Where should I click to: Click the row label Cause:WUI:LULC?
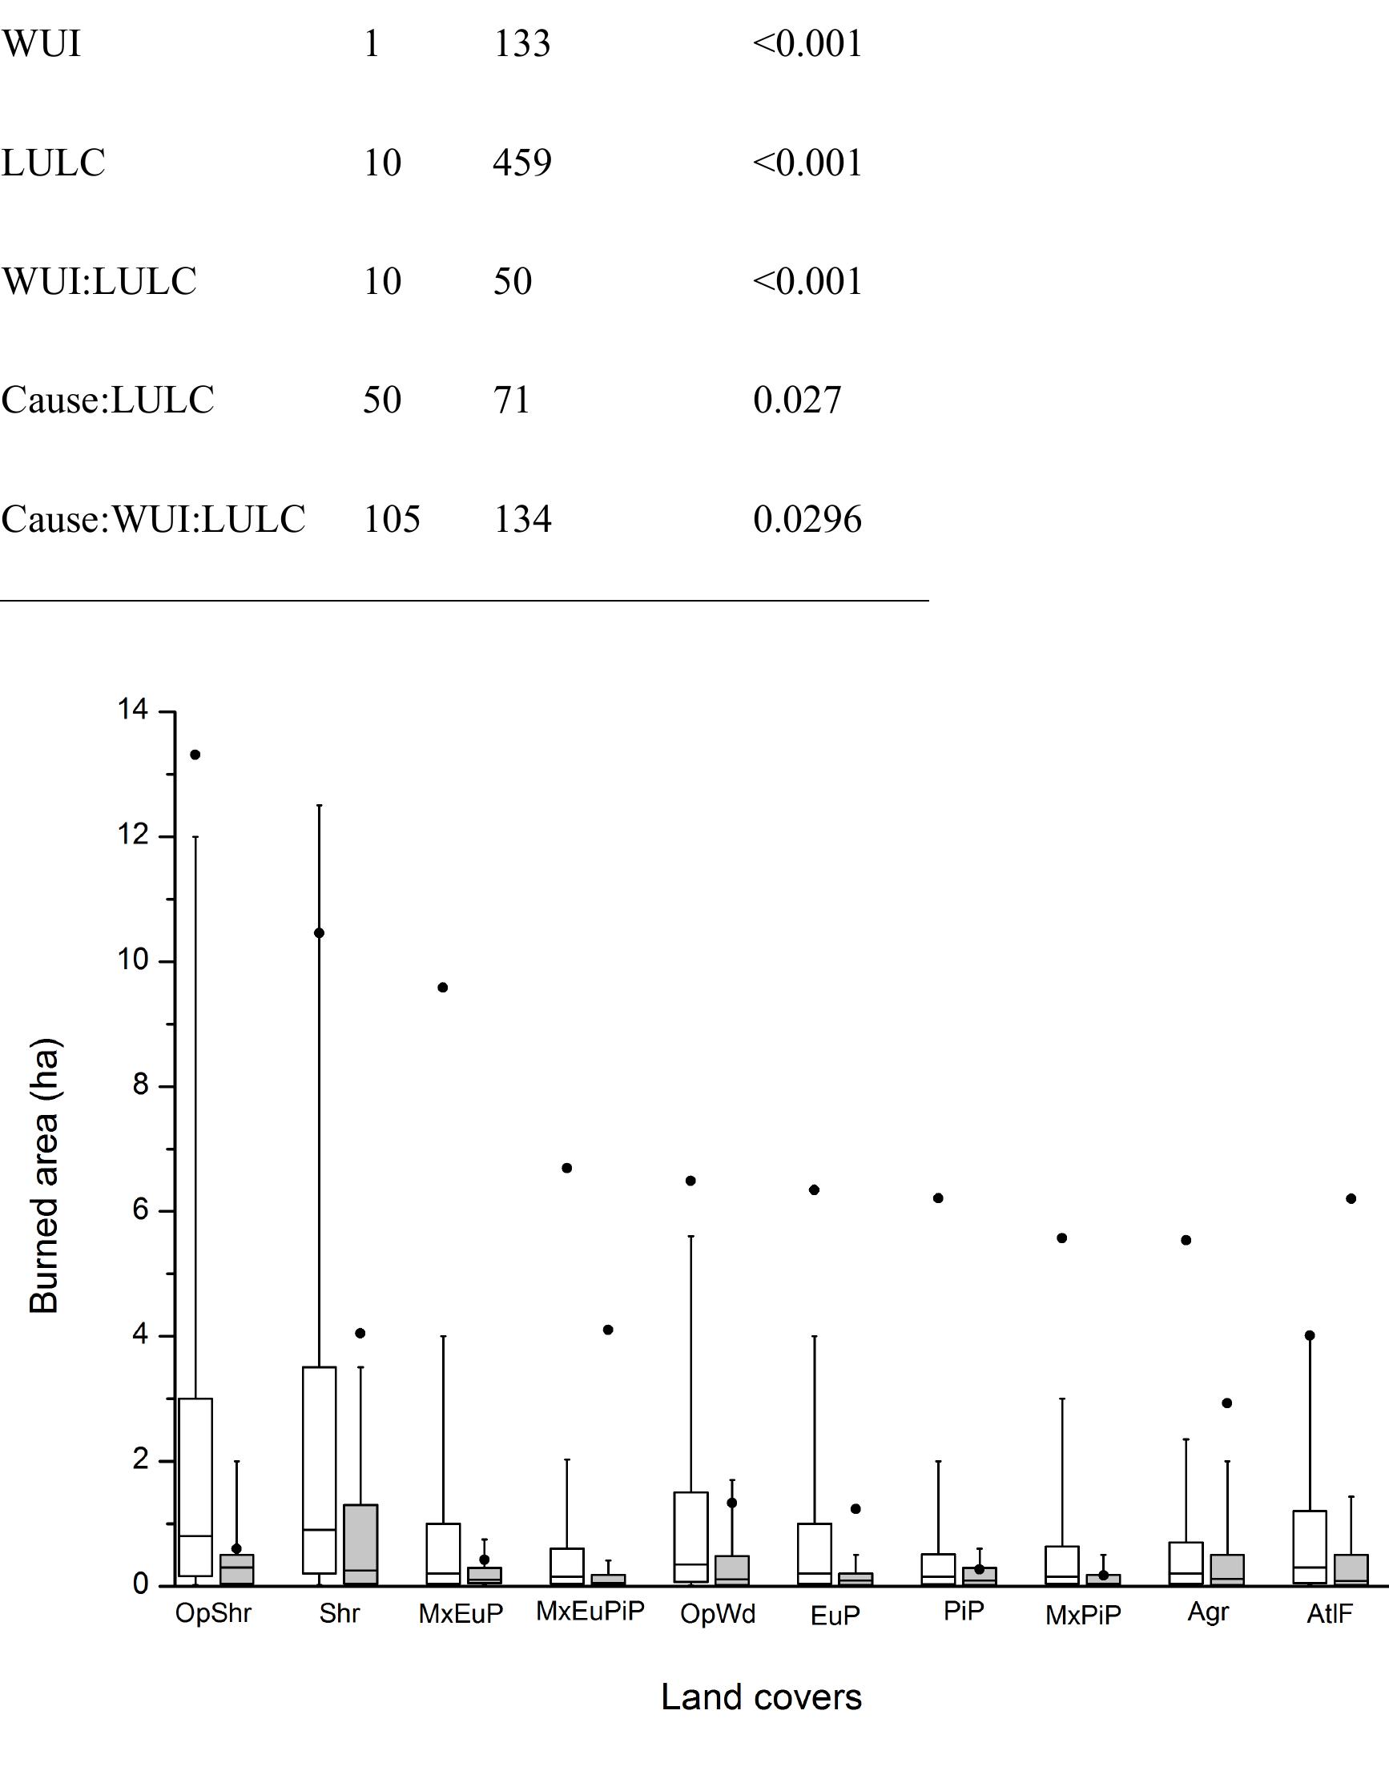click(153, 519)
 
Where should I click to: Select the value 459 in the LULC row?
click(521, 162)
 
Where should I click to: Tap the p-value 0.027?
click(796, 400)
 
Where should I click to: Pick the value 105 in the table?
click(391, 519)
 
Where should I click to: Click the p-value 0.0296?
click(807, 519)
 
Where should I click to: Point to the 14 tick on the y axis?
click(133, 710)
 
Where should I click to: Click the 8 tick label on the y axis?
click(140, 1086)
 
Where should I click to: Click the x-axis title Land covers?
click(761, 1698)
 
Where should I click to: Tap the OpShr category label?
click(213, 1613)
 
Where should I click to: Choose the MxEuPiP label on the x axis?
click(590, 1611)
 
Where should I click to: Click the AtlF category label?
click(1329, 1613)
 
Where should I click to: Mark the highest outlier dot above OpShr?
click(195, 755)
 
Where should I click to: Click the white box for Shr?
click(320, 1470)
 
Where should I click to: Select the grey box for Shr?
click(360, 1545)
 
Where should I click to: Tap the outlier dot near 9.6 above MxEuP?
click(443, 988)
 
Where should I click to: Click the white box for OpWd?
click(690, 1537)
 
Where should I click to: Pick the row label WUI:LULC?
click(99, 280)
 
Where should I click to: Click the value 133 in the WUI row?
click(521, 43)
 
